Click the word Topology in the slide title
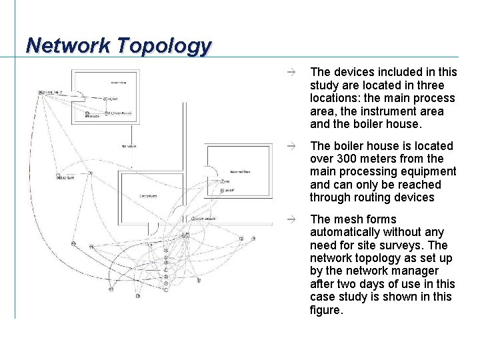(163, 45)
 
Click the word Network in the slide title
(67, 45)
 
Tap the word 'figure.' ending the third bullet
(327, 309)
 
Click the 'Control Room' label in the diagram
(149, 195)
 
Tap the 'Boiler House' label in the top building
(118, 83)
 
